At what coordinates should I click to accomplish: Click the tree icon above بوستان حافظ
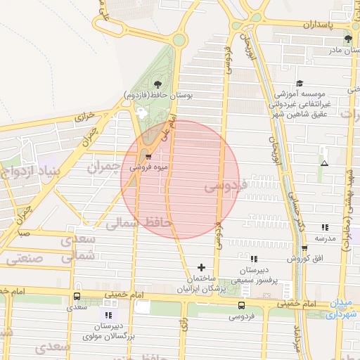(x=157, y=84)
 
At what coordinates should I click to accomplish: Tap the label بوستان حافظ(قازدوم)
(x=153, y=94)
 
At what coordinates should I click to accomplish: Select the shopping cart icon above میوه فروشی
(x=148, y=157)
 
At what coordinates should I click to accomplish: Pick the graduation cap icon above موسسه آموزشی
(x=300, y=84)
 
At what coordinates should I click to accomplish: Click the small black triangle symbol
(x=324, y=163)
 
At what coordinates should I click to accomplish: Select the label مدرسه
(x=325, y=238)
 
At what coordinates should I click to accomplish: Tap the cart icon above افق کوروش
(x=304, y=249)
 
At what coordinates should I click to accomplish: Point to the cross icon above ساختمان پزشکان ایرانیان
(x=202, y=267)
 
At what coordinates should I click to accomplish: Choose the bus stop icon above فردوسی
(x=241, y=305)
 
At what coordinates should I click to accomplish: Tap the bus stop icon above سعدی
(x=76, y=296)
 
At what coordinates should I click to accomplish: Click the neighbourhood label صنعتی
(x=25, y=259)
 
